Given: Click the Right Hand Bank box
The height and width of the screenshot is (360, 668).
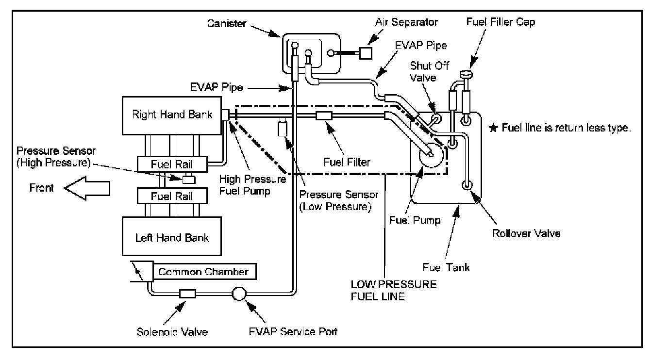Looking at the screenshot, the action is coord(172,115).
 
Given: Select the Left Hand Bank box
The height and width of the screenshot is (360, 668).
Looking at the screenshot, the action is coord(172,236).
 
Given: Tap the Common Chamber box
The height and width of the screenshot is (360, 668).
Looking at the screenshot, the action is coord(204,272).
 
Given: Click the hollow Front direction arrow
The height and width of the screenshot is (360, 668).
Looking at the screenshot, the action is coord(87,188).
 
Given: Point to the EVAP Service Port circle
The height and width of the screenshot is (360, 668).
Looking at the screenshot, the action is coord(239,294).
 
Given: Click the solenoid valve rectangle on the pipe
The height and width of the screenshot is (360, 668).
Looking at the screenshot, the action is coord(187,294).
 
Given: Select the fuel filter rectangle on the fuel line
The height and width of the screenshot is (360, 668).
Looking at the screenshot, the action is coord(324,115).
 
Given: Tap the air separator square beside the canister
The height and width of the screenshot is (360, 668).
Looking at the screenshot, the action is coord(366,53).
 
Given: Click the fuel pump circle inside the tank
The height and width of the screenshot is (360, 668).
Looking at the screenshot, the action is coord(431,155).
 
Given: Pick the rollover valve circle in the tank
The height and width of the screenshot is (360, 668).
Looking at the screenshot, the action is coord(468,185).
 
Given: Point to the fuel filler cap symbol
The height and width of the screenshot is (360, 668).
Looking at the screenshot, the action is coord(466,74).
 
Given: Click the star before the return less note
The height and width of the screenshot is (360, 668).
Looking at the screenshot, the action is coord(494,128).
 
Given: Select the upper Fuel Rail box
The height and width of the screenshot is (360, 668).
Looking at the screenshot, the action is coord(172,164).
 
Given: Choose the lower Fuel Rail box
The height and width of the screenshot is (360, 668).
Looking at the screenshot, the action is coord(172,196).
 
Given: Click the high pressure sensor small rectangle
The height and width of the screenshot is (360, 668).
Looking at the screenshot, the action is coord(189,180).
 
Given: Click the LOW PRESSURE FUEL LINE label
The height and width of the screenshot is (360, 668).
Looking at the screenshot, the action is coord(394,290).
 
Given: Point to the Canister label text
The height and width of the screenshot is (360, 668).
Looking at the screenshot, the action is coord(227,23).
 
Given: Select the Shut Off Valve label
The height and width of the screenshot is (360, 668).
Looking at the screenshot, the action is coord(429,71).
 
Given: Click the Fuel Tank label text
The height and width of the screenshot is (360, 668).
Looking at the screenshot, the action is coord(446,267).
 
